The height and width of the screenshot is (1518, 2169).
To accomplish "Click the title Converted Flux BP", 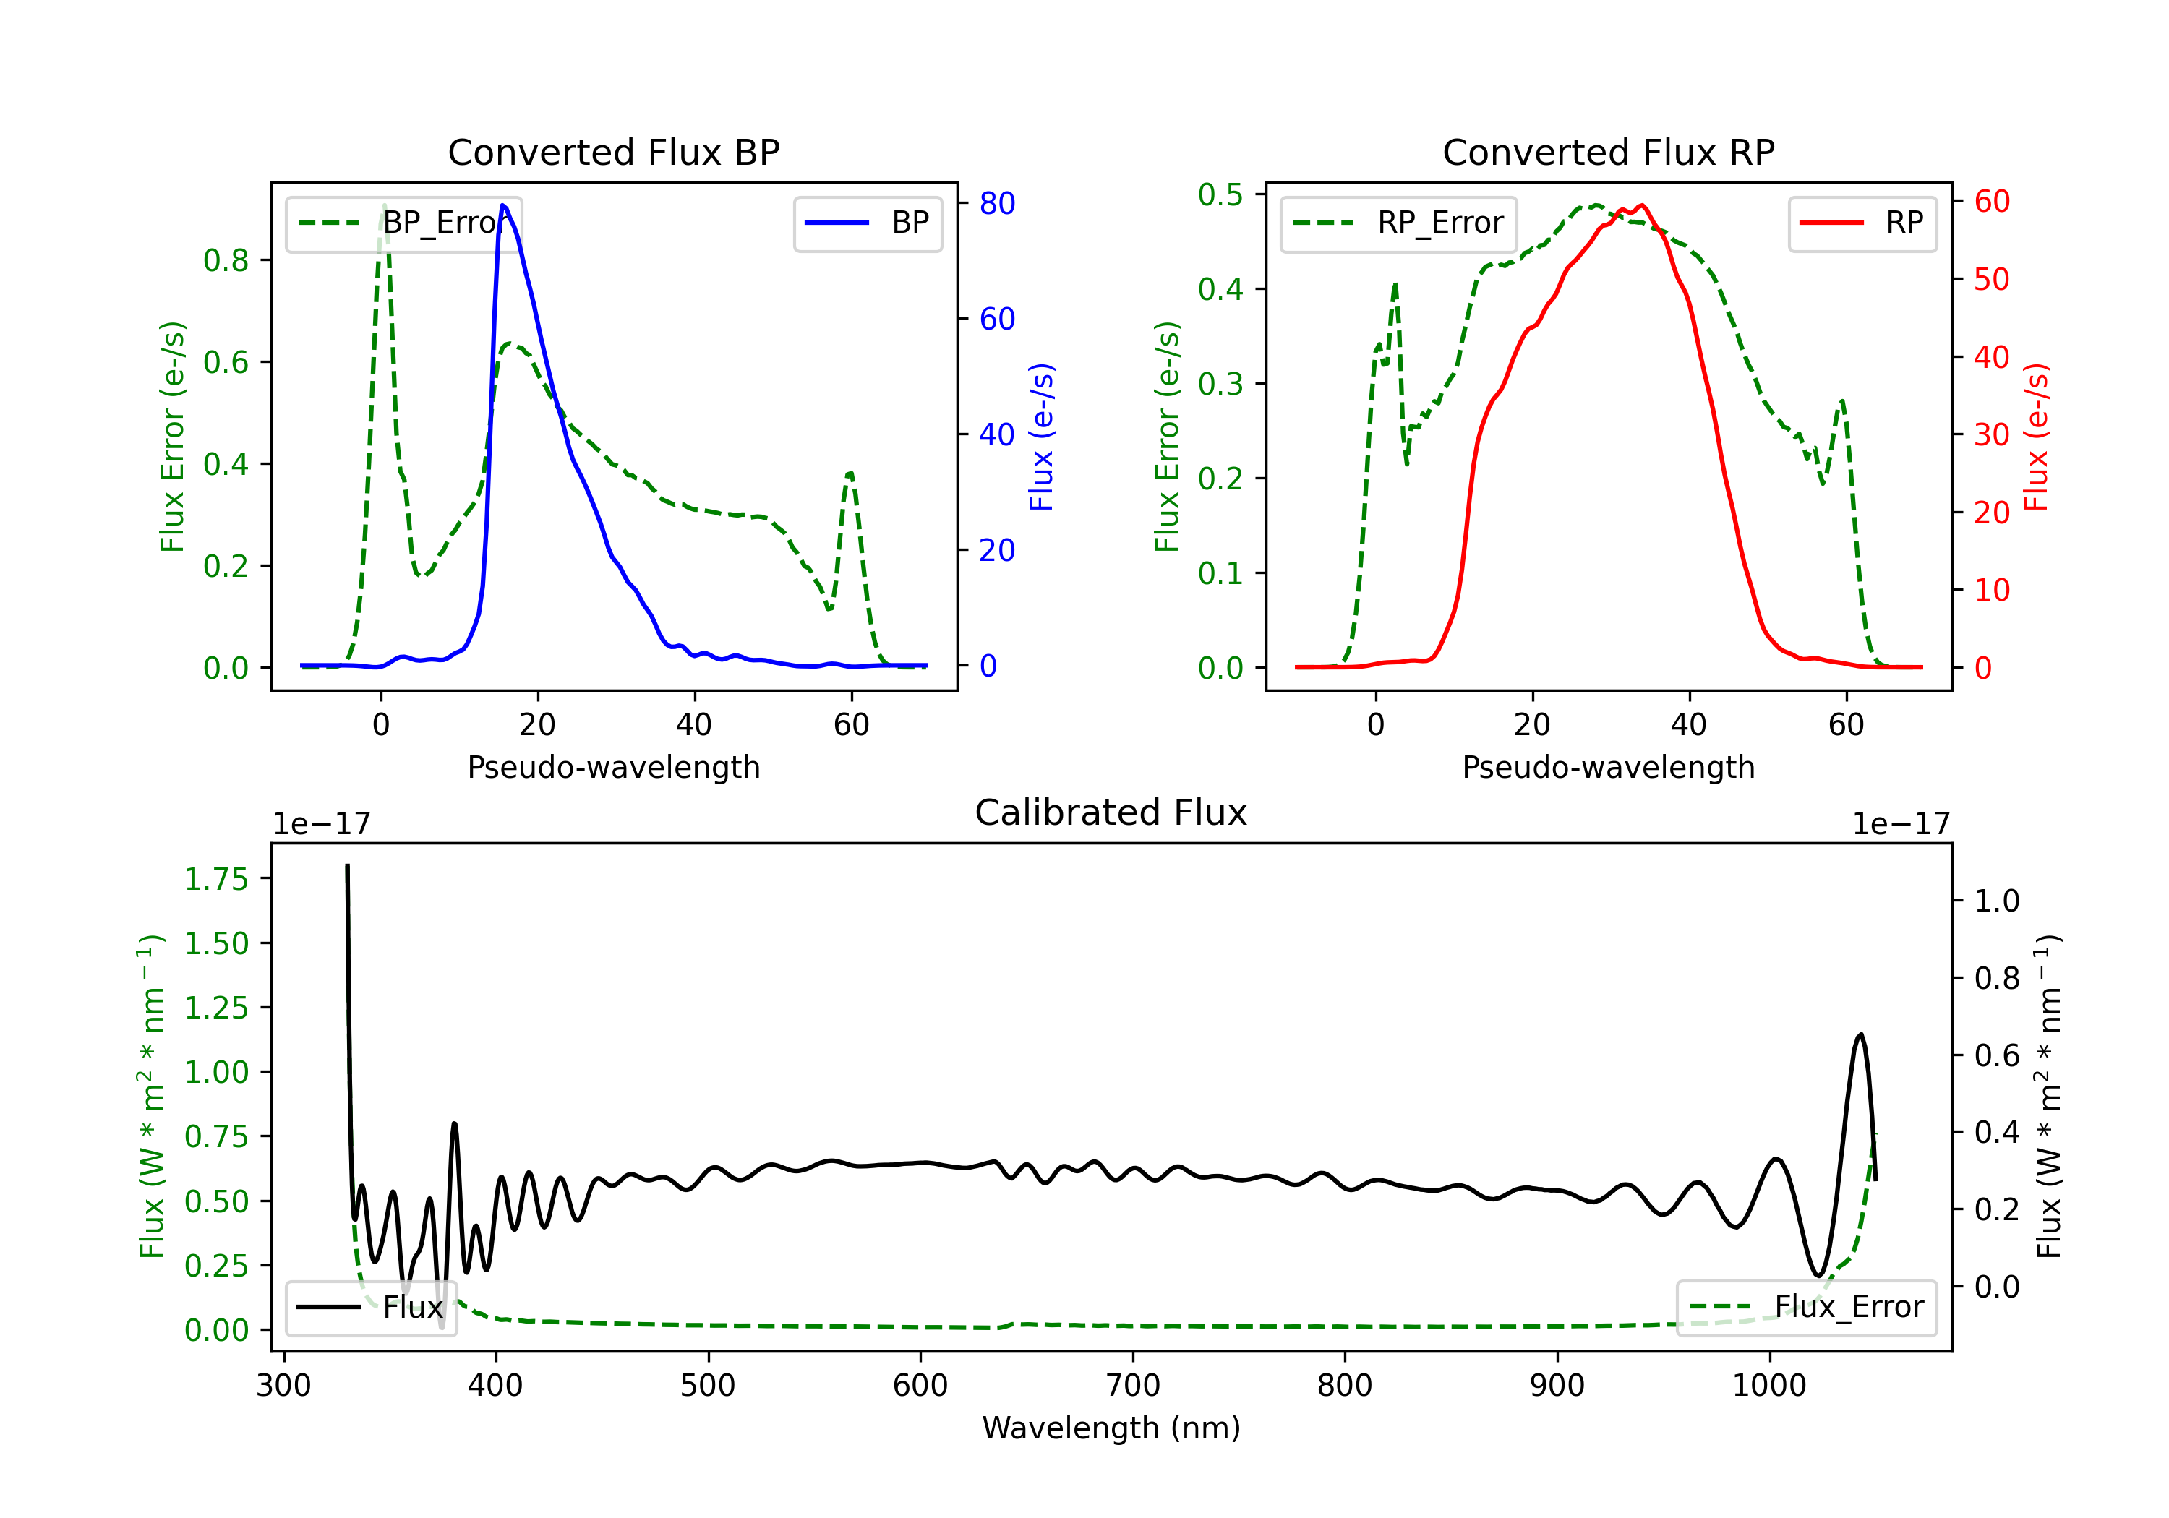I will [613, 152].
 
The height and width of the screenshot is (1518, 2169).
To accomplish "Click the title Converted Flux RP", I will [1608, 152].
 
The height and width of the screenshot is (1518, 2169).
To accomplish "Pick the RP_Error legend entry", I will [1398, 223].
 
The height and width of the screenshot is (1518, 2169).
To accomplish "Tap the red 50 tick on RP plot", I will [1991, 280].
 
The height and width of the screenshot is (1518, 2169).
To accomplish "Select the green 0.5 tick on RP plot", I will [1220, 194].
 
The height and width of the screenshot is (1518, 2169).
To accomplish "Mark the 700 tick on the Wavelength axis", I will [1133, 1385].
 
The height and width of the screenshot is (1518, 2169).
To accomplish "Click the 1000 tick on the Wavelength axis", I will [1768, 1385].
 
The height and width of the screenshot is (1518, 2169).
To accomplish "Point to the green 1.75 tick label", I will [216, 880].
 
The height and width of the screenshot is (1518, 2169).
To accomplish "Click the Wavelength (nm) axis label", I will [1111, 1428].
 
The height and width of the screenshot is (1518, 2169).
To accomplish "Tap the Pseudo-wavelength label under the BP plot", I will [613, 767].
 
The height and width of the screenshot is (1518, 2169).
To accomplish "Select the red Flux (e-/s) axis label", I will [2036, 437].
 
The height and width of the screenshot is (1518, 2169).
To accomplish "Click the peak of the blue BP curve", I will [502, 205].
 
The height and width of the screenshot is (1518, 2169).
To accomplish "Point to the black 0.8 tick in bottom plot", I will [1997, 978].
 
